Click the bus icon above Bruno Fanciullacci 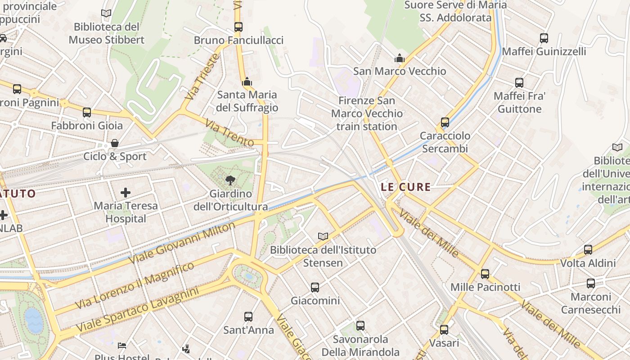(238, 27)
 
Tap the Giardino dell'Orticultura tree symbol (230, 180)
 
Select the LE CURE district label (406, 187)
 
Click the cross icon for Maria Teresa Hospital (126, 193)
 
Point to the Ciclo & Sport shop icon (115, 143)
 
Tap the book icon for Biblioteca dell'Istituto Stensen (323, 236)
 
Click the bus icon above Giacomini (315, 287)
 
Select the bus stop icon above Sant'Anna (248, 317)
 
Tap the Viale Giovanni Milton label (182, 243)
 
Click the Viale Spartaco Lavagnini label (137, 310)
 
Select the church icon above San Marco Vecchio (399, 58)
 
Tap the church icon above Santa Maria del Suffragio (247, 81)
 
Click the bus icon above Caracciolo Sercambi (445, 122)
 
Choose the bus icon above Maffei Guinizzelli (544, 38)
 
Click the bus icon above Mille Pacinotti (485, 274)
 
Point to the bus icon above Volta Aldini (588, 250)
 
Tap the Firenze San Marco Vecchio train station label (367, 113)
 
